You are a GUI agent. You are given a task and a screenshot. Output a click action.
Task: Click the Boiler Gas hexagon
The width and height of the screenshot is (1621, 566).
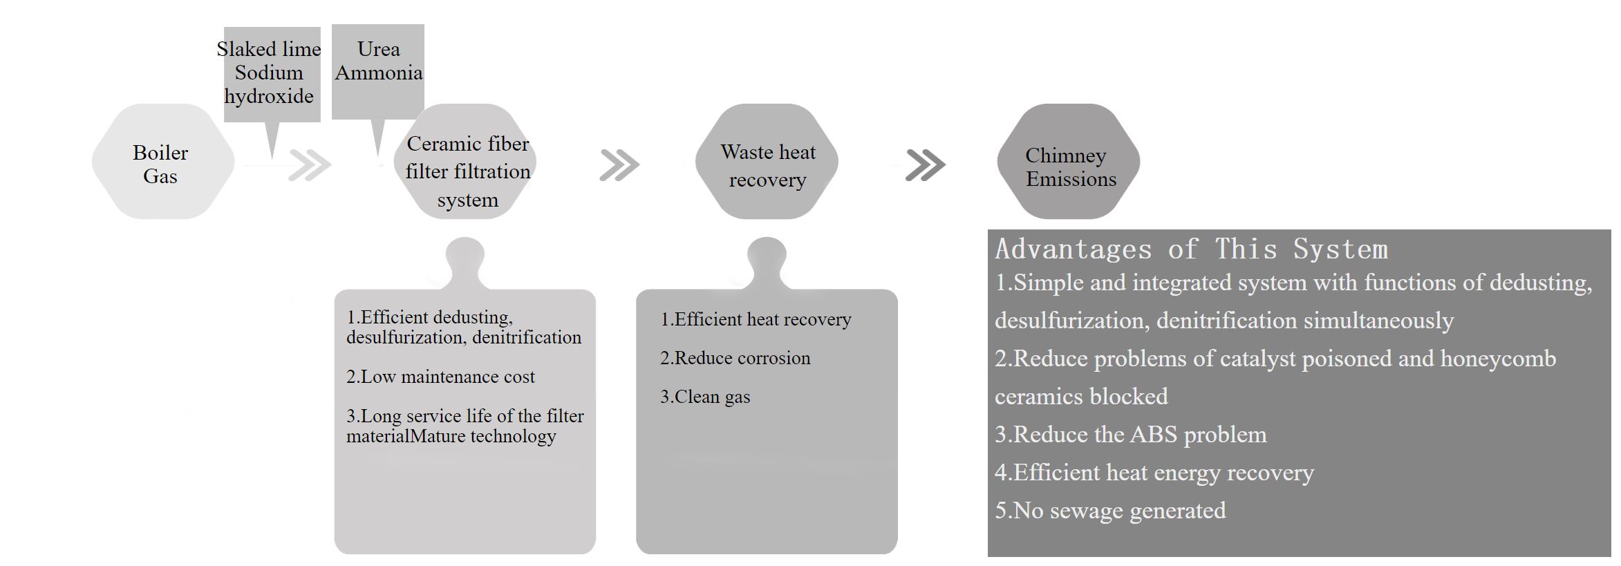pos(163,162)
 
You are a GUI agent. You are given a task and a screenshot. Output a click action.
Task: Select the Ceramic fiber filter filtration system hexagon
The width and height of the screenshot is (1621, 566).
pos(467,162)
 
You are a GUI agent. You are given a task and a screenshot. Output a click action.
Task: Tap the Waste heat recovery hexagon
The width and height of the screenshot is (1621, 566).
pos(767,162)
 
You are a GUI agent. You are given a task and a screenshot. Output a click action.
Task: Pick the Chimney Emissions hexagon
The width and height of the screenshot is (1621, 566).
pos(1069,162)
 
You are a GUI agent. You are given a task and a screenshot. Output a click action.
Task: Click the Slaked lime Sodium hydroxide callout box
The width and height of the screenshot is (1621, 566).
pos(272,75)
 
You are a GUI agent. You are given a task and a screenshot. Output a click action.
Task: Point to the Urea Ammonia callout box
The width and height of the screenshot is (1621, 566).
pos(378,72)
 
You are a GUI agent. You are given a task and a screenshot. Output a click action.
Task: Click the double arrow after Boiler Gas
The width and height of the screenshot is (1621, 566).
pos(310,165)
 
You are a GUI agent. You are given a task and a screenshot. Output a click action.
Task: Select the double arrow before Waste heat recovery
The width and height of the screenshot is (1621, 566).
pos(619,165)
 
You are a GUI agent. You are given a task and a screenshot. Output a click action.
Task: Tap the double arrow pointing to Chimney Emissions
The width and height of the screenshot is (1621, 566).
pos(926,165)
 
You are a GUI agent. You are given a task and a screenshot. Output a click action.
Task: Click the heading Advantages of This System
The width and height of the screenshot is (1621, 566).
pos(1191,249)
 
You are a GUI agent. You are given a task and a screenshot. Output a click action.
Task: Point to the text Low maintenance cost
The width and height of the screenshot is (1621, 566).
pos(440,377)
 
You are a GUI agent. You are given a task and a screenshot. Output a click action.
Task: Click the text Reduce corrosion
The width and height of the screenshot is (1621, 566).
pos(735,358)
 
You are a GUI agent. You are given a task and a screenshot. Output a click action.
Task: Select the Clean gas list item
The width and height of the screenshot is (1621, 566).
pos(705,397)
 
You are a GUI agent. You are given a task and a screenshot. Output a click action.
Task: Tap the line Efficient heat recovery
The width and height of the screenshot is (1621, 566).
pos(756,319)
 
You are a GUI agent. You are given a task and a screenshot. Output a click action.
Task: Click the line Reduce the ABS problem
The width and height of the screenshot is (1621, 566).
pos(1131,434)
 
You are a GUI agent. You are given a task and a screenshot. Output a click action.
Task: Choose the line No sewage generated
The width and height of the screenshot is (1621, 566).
pos(1110,510)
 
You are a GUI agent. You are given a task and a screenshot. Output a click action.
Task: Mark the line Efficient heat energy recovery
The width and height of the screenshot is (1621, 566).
pos(1154,472)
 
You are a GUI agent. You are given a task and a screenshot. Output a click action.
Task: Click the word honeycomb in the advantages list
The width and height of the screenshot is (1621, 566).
pos(1498,359)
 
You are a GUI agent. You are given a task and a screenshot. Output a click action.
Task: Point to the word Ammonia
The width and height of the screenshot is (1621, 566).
pos(379,73)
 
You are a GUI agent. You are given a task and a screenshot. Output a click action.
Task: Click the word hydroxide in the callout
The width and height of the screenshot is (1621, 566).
pos(269,96)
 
